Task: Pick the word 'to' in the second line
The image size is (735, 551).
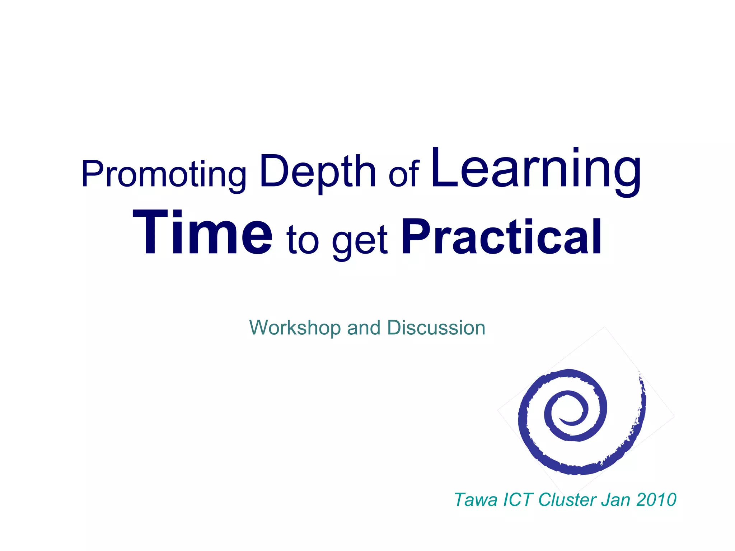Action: coord(303,240)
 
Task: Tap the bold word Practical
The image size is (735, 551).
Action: coord(501,237)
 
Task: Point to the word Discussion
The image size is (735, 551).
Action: coord(436,328)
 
